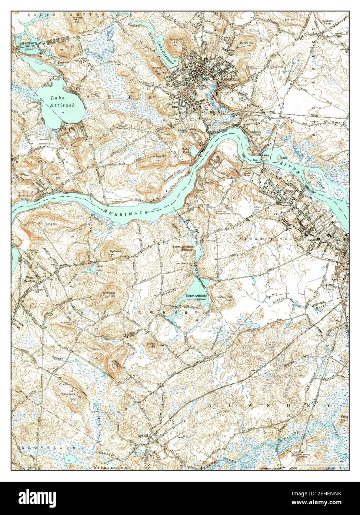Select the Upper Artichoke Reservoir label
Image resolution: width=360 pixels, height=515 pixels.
click(x=193, y=297)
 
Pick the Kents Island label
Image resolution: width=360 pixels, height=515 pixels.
click(x=344, y=419)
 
